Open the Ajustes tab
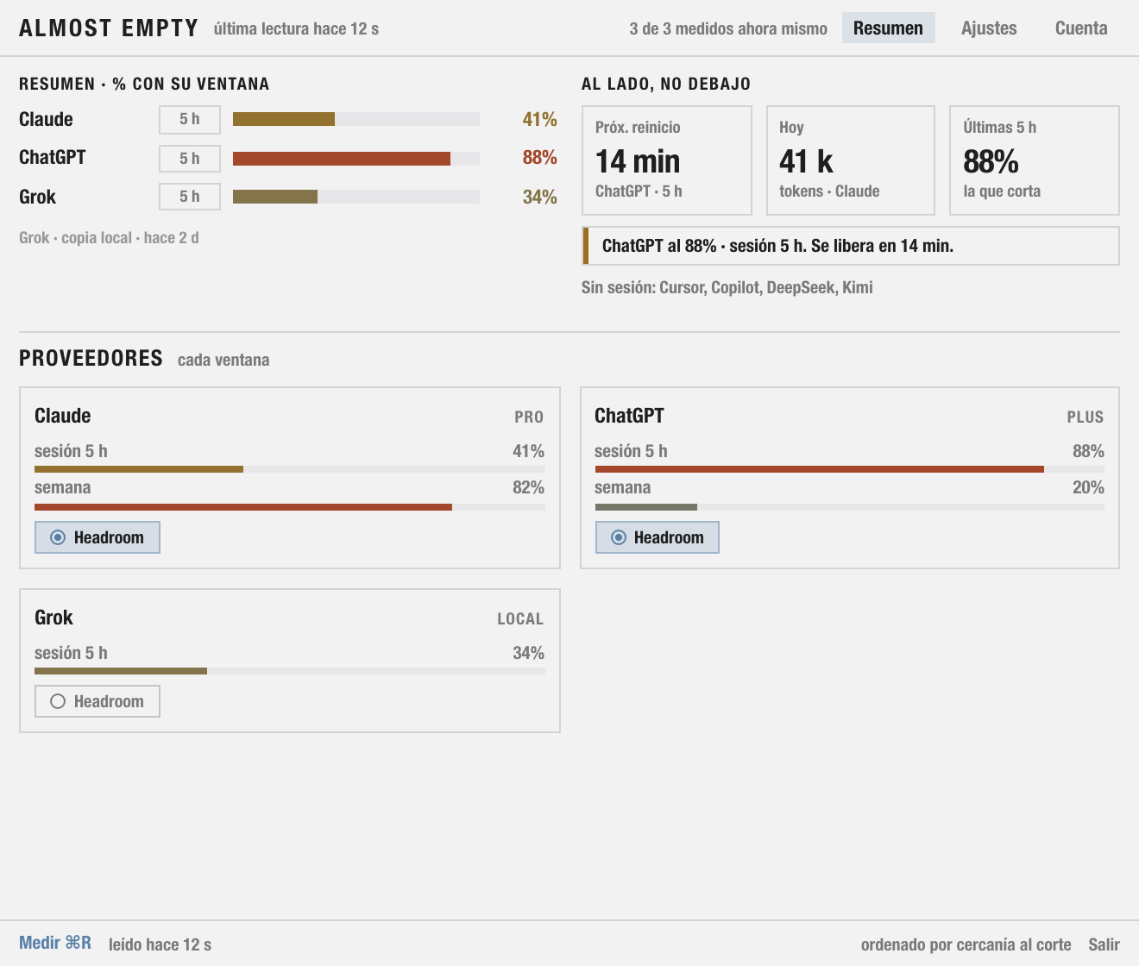coord(989,28)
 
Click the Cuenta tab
coord(1080,28)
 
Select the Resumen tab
coord(888,28)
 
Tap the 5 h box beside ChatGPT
coord(190,159)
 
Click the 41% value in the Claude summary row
coord(539,120)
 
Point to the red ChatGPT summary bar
coord(341,159)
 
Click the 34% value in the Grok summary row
coord(539,197)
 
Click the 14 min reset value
coord(638,161)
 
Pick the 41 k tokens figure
coord(806,161)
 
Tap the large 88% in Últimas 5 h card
coord(991,161)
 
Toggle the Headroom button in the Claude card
coord(98,537)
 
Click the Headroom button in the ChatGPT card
coord(657,537)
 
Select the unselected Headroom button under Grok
coord(98,701)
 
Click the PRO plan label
coord(529,417)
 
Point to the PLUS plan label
coord(1085,417)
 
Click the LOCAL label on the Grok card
coord(520,619)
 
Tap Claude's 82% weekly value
coord(528,487)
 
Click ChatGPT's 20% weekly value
coord(1088,487)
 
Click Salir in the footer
coord(1104,944)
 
